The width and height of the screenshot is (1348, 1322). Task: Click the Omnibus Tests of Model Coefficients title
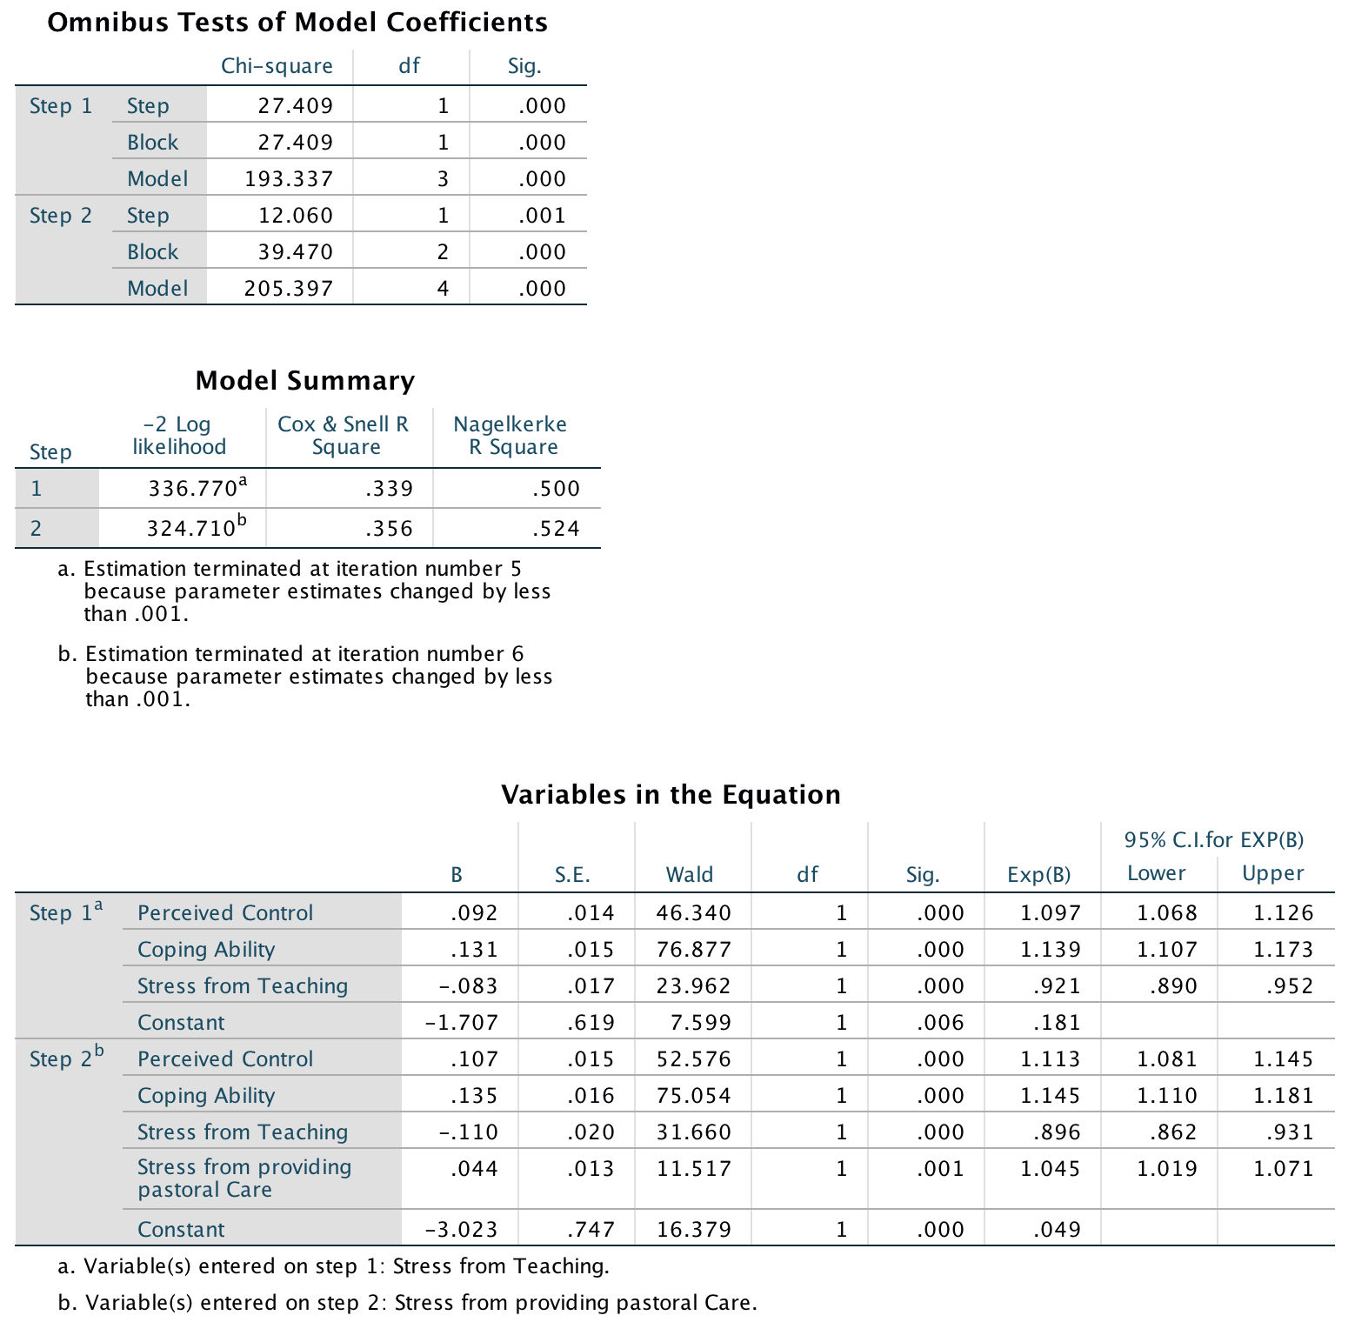click(x=297, y=23)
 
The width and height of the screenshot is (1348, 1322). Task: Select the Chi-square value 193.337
click(x=289, y=179)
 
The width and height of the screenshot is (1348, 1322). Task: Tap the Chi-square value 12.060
click(x=296, y=216)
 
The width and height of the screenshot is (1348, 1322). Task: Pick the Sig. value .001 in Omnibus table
click(x=542, y=216)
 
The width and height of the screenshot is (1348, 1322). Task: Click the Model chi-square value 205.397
click(x=289, y=289)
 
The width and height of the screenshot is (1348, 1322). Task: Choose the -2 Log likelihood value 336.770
click(x=192, y=489)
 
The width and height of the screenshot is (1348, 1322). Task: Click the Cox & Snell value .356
click(x=389, y=529)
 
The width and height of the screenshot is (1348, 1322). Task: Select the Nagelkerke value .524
click(x=556, y=529)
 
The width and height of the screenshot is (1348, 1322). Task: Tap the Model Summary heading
click(x=305, y=381)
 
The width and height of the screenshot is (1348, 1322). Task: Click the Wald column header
click(x=690, y=875)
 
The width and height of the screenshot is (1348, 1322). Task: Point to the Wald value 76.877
click(x=694, y=950)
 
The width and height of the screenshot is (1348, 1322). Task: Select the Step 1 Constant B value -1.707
click(x=461, y=1023)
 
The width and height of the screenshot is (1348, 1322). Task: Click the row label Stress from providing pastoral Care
click(x=244, y=1178)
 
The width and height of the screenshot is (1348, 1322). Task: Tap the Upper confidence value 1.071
click(x=1283, y=1169)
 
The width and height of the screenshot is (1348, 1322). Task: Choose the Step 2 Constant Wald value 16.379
click(x=694, y=1230)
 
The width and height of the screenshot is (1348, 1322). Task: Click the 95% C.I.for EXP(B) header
click(x=1214, y=840)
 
